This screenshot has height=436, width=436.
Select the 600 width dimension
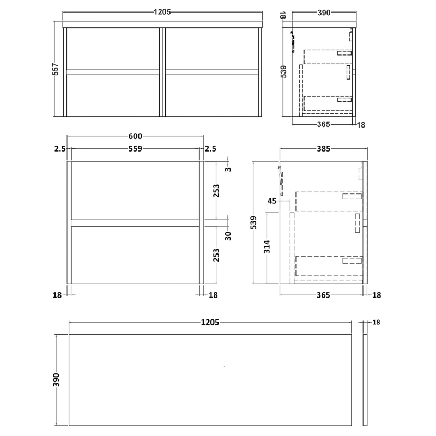click(135, 136)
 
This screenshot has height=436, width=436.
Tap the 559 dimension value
click(135, 148)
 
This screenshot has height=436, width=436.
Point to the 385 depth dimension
click(324, 148)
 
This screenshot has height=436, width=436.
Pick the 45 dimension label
click(272, 201)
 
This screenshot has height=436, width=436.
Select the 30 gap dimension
click(228, 235)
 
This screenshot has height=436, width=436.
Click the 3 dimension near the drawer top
click(228, 169)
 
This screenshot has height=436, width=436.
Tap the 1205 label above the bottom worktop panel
click(210, 323)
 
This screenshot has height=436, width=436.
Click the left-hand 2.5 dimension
click(60, 148)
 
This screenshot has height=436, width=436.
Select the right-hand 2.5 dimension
click(211, 148)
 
